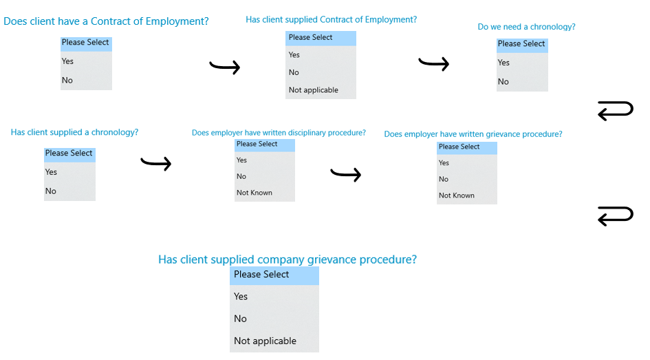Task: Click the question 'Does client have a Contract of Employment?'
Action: point(106,21)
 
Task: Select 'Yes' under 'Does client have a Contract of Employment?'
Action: point(67,61)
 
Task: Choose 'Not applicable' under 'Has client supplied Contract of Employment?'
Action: point(314,90)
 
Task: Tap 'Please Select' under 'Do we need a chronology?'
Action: point(521,43)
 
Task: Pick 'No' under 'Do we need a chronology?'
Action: point(503,82)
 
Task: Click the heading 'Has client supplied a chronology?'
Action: point(74,132)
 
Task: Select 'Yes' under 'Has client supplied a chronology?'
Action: point(51,171)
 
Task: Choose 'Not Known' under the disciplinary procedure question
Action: point(254,193)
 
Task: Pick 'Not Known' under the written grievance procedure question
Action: point(457,195)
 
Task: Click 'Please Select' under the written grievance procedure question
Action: point(459,147)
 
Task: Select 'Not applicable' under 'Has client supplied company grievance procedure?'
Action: point(266,341)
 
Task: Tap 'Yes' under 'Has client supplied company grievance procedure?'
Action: point(241,296)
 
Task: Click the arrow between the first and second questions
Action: point(225,66)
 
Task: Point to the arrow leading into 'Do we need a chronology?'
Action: point(433,63)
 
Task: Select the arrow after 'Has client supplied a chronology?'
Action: point(156,163)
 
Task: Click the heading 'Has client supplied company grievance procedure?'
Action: point(288,260)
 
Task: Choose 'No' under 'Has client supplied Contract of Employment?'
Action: point(294,72)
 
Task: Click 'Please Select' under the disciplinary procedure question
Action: point(257,144)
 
